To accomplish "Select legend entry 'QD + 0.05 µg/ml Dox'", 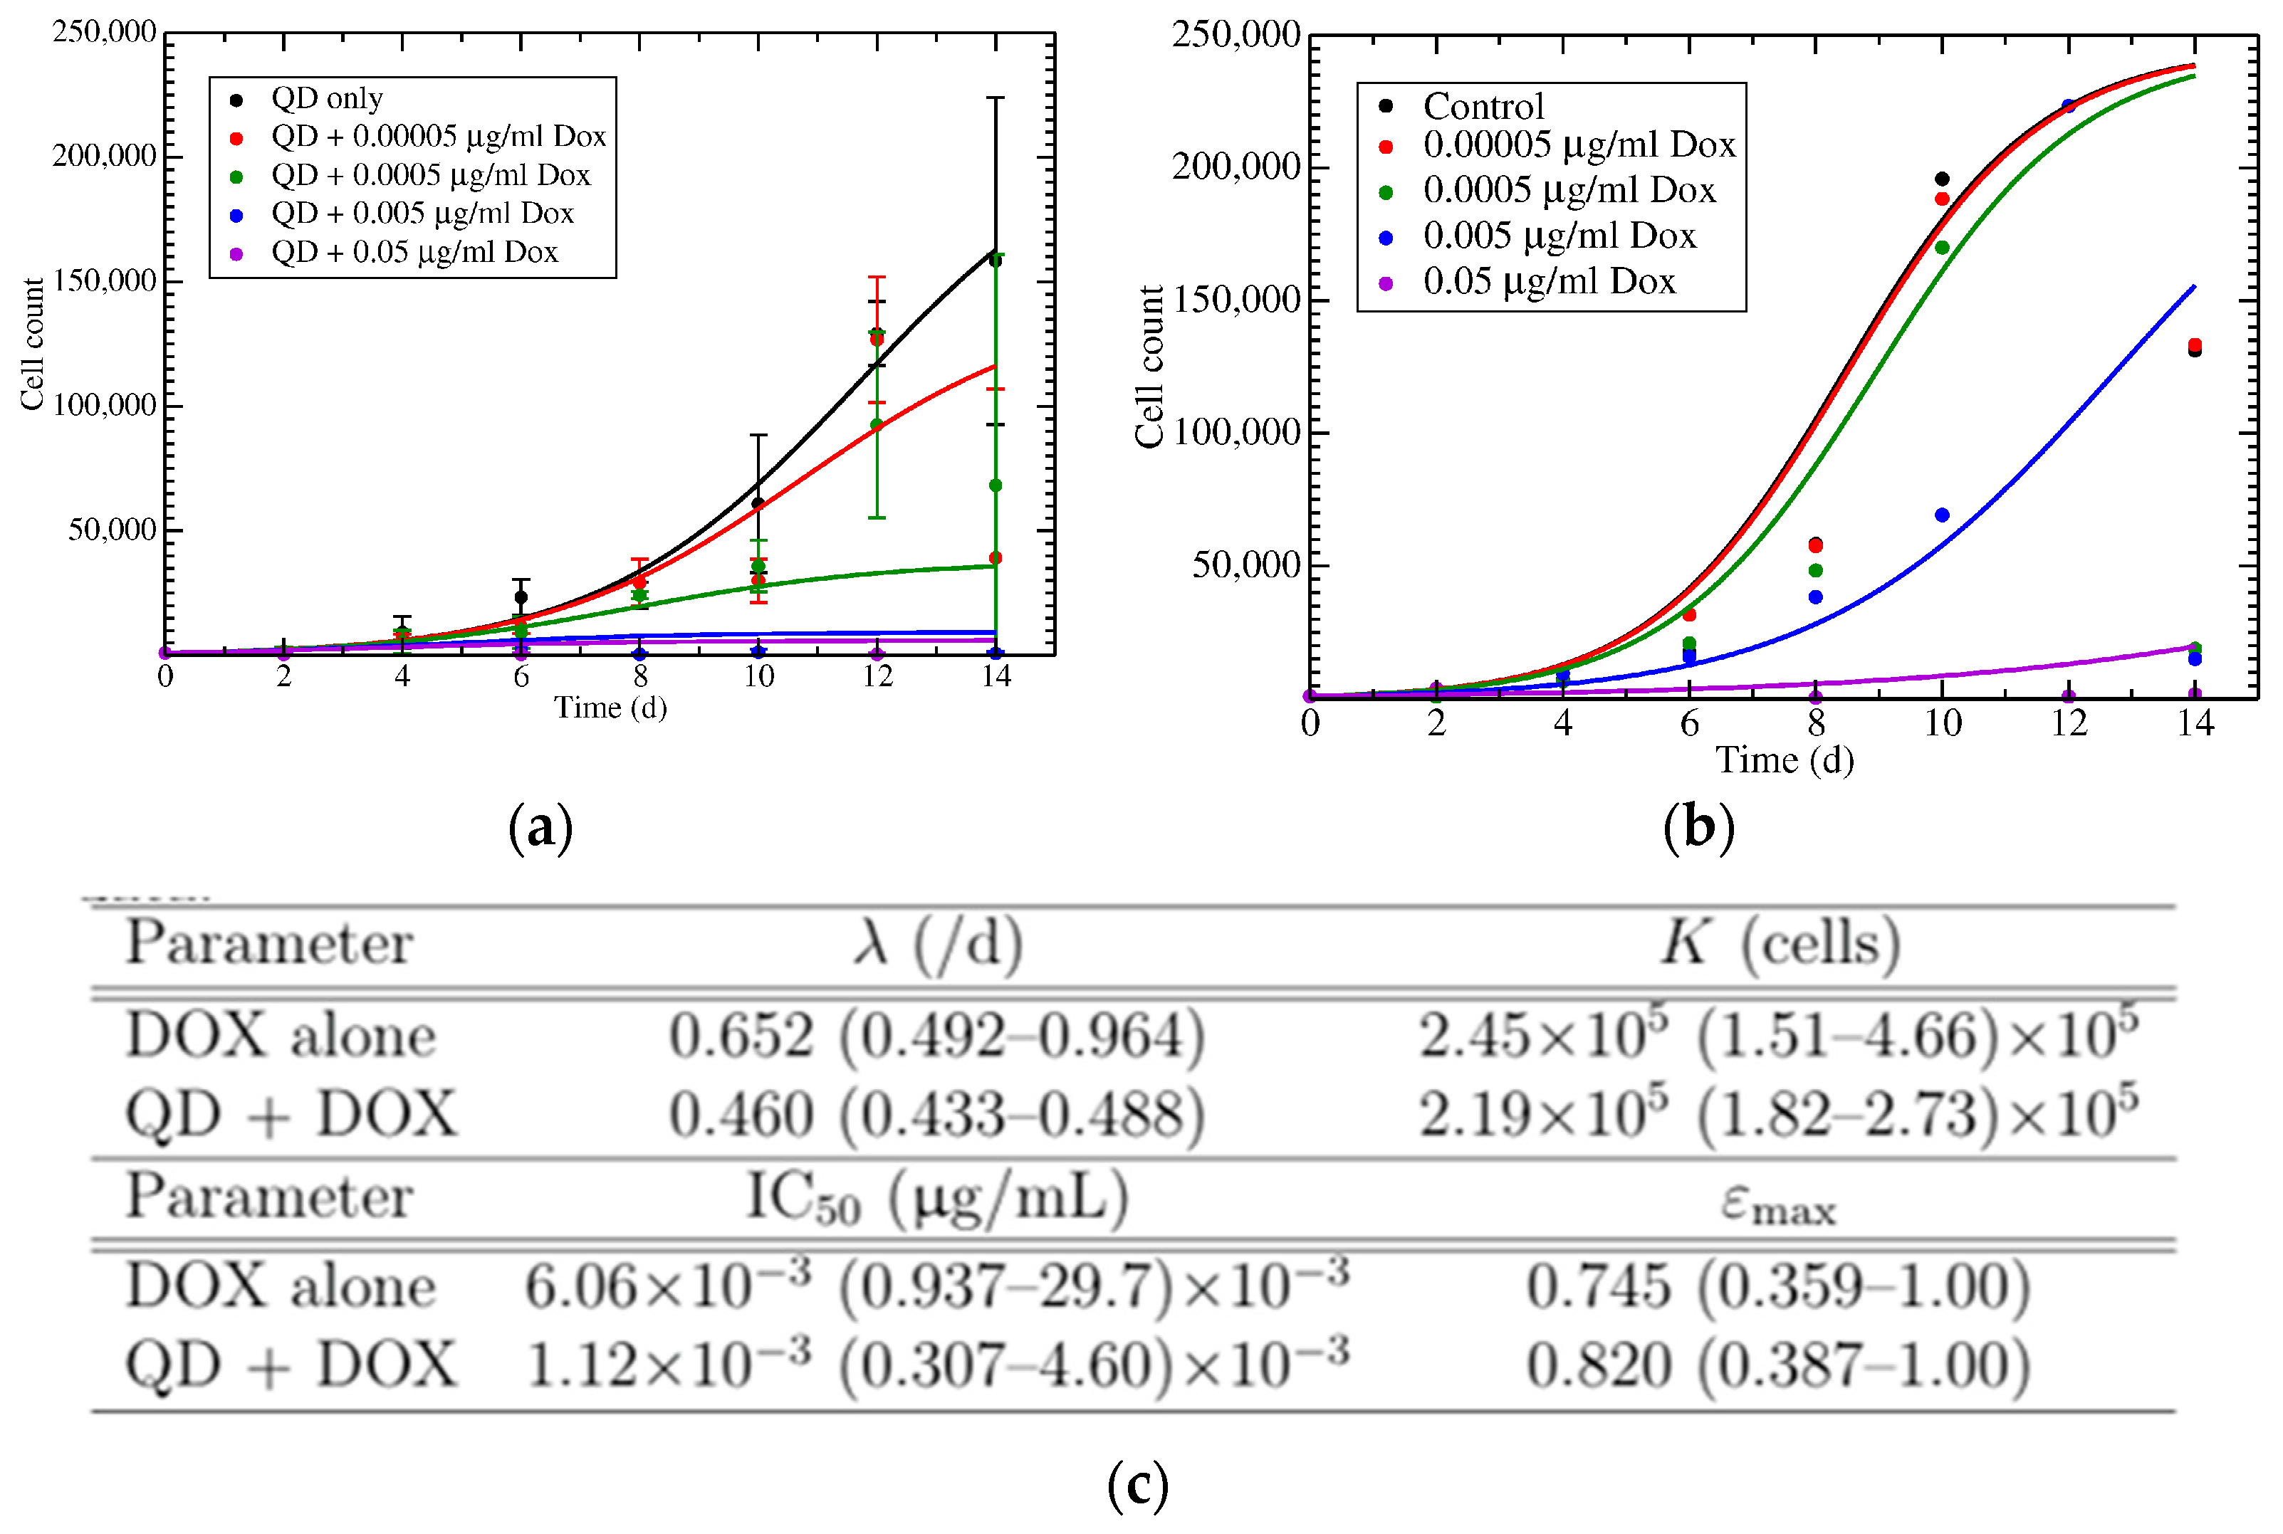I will (x=414, y=253).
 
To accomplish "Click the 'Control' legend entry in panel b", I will (x=1483, y=105).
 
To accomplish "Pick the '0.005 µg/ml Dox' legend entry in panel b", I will (x=1559, y=236).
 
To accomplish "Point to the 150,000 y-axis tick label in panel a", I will (x=105, y=280).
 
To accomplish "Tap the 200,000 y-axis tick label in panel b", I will (x=1235, y=167).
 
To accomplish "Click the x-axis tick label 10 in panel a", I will (x=758, y=676).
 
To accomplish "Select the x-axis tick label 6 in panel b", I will (x=1689, y=724).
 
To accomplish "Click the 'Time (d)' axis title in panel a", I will (x=610, y=708).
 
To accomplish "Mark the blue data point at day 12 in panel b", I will (x=2069, y=105).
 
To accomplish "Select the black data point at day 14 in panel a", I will (x=996, y=261).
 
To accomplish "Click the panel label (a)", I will (x=541, y=828).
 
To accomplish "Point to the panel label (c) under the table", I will (x=1138, y=1484).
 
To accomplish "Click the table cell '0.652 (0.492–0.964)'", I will (x=936, y=1036).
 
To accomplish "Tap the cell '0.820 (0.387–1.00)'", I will (x=1778, y=1366).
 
